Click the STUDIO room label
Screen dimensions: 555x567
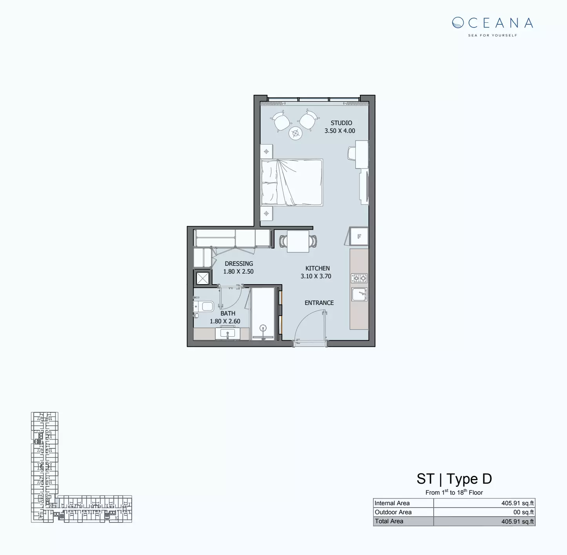(341, 123)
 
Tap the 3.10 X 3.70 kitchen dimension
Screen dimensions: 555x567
(316, 276)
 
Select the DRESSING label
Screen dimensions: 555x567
(239, 264)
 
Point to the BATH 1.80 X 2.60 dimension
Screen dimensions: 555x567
(225, 321)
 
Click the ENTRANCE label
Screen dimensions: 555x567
(319, 303)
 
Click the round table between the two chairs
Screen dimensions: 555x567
(295, 133)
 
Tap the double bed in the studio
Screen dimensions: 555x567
(292, 182)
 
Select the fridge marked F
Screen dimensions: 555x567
(359, 237)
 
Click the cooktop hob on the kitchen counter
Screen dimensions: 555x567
(359, 278)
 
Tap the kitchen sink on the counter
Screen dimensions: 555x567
(359, 294)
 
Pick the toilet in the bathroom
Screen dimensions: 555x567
(204, 306)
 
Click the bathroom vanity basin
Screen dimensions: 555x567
(227, 334)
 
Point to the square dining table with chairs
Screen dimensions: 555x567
(298, 241)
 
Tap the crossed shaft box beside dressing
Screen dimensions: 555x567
(202, 278)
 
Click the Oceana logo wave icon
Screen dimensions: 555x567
(458, 23)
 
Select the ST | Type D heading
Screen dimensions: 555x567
(454, 479)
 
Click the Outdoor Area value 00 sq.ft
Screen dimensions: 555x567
(523, 512)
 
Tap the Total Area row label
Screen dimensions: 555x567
(389, 521)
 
